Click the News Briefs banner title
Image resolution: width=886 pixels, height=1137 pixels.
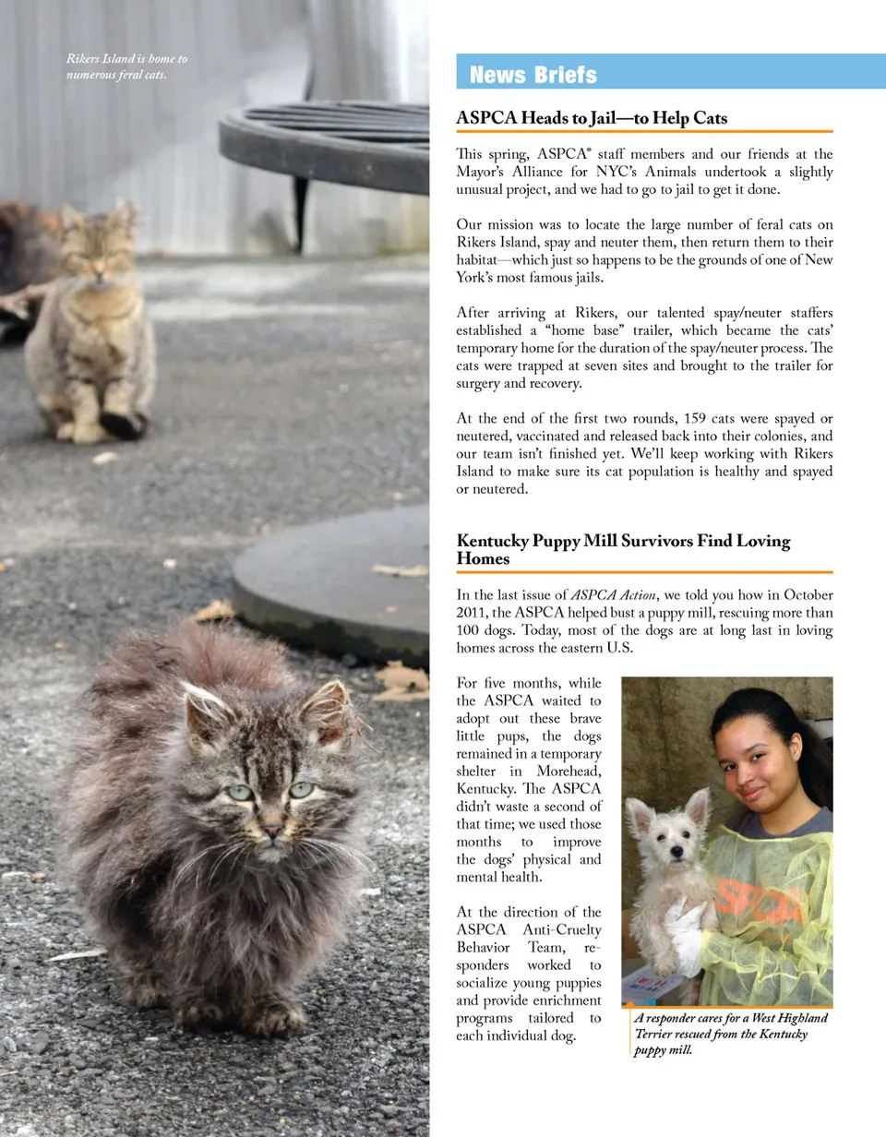point(533,75)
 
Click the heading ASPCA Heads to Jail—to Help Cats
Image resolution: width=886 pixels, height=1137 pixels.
point(592,119)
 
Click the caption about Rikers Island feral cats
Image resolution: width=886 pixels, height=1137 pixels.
point(126,66)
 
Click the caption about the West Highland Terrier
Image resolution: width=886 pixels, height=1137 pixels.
point(731,1034)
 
